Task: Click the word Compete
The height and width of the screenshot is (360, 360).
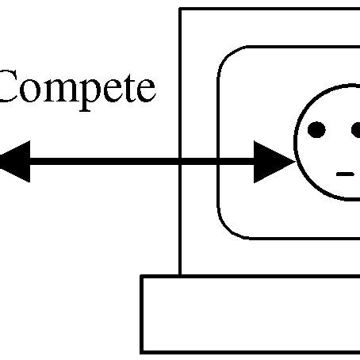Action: pyautogui.click(x=75, y=89)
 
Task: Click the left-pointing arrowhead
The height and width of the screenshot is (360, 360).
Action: pyautogui.click(x=14, y=161)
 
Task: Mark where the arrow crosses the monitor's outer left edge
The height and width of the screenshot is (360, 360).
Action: pyautogui.click(x=181, y=162)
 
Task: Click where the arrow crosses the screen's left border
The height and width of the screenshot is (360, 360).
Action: pyautogui.click(x=218, y=162)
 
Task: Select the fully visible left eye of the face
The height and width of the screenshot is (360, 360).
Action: pyautogui.click(x=316, y=129)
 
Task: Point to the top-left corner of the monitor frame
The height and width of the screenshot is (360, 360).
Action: pyautogui.click(x=181, y=9)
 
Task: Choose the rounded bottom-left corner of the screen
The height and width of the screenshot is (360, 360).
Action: pyautogui.click(x=227, y=230)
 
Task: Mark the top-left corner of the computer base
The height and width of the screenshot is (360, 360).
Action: pyautogui.click(x=142, y=277)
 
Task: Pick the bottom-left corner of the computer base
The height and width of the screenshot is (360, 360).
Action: pyautogui.click(x=142, y=351)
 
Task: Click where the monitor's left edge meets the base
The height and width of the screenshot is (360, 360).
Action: pyautogui.click(x=181, y=276)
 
